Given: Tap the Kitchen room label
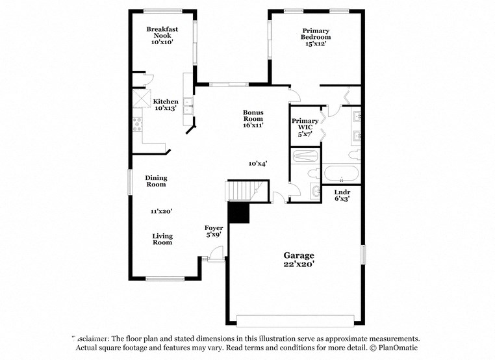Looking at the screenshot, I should tap(166, 105).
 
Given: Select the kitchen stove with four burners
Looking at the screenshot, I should tap(137, 123).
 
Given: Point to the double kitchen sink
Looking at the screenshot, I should tap(187, 106).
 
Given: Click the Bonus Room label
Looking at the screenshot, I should tap(253, 118).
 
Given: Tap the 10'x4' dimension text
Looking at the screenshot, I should tap(258, 164).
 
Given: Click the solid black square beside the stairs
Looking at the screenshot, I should tap(238, 212).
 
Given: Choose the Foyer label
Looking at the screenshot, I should tap(214, 231).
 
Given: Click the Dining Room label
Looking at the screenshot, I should tap(156, 181).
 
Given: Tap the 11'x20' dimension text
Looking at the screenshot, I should tap(161, 211).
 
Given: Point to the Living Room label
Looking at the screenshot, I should tap(162, 238).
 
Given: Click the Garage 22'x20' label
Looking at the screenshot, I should tap(298, 259).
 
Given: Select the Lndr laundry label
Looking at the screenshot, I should tap(342, 196).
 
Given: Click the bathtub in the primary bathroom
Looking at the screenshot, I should tap(340, 174).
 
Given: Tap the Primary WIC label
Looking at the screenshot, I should tap(305, 127).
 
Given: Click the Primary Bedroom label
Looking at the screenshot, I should tap(315, 36).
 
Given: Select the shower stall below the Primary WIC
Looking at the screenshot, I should tap(305, 156).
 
